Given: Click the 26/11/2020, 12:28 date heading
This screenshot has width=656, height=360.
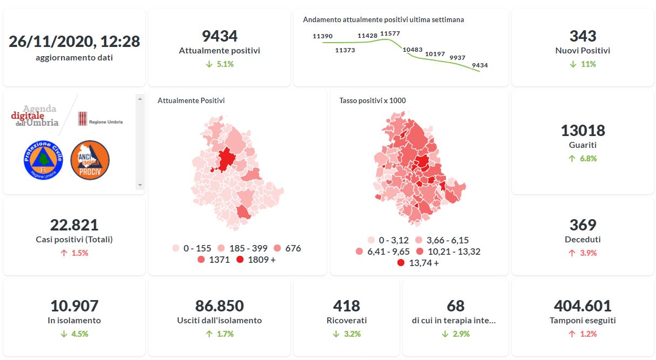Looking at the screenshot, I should coord(74,42).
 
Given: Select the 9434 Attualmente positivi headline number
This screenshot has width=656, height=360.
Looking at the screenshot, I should coord(219,36).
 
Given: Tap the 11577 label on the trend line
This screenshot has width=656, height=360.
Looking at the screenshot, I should coord(390,33).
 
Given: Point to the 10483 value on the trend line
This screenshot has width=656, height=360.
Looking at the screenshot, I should coord(412,50).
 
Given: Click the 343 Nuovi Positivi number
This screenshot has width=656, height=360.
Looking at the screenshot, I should coord(583,36).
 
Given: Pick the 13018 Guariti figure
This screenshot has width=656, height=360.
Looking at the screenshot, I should coord(583,131).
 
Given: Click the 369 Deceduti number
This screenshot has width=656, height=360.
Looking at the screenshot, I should coord(583,225).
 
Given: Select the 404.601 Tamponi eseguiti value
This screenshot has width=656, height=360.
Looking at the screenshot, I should coord(583,306).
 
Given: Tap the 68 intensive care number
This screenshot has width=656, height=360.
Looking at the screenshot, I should coord(456,306).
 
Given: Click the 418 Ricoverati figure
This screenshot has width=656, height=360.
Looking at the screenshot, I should coord(346,306).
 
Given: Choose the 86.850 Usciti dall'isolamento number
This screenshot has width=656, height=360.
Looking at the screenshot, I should coord(219,306).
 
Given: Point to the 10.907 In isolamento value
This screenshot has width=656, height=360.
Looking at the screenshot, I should coord(74,306).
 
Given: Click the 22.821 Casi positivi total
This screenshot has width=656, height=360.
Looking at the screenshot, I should coord(74,225).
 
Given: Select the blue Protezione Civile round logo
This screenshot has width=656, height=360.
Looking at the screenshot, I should coord(44,160).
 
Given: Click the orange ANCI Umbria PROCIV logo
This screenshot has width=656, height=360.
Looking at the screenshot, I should coord(90,160).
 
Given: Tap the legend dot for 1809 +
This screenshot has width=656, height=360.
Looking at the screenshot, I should coord(240,260).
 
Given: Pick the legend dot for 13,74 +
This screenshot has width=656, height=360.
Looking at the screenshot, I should coord(401,263).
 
